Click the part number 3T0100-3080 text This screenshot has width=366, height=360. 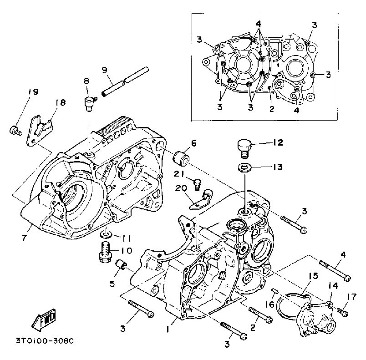45,340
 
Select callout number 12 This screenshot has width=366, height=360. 277,143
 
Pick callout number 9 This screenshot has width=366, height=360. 104,70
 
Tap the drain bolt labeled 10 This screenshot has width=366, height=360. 105,252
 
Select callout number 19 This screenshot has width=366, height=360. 33,92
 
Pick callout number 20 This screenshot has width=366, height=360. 178,188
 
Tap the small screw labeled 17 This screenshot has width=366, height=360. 343,313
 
